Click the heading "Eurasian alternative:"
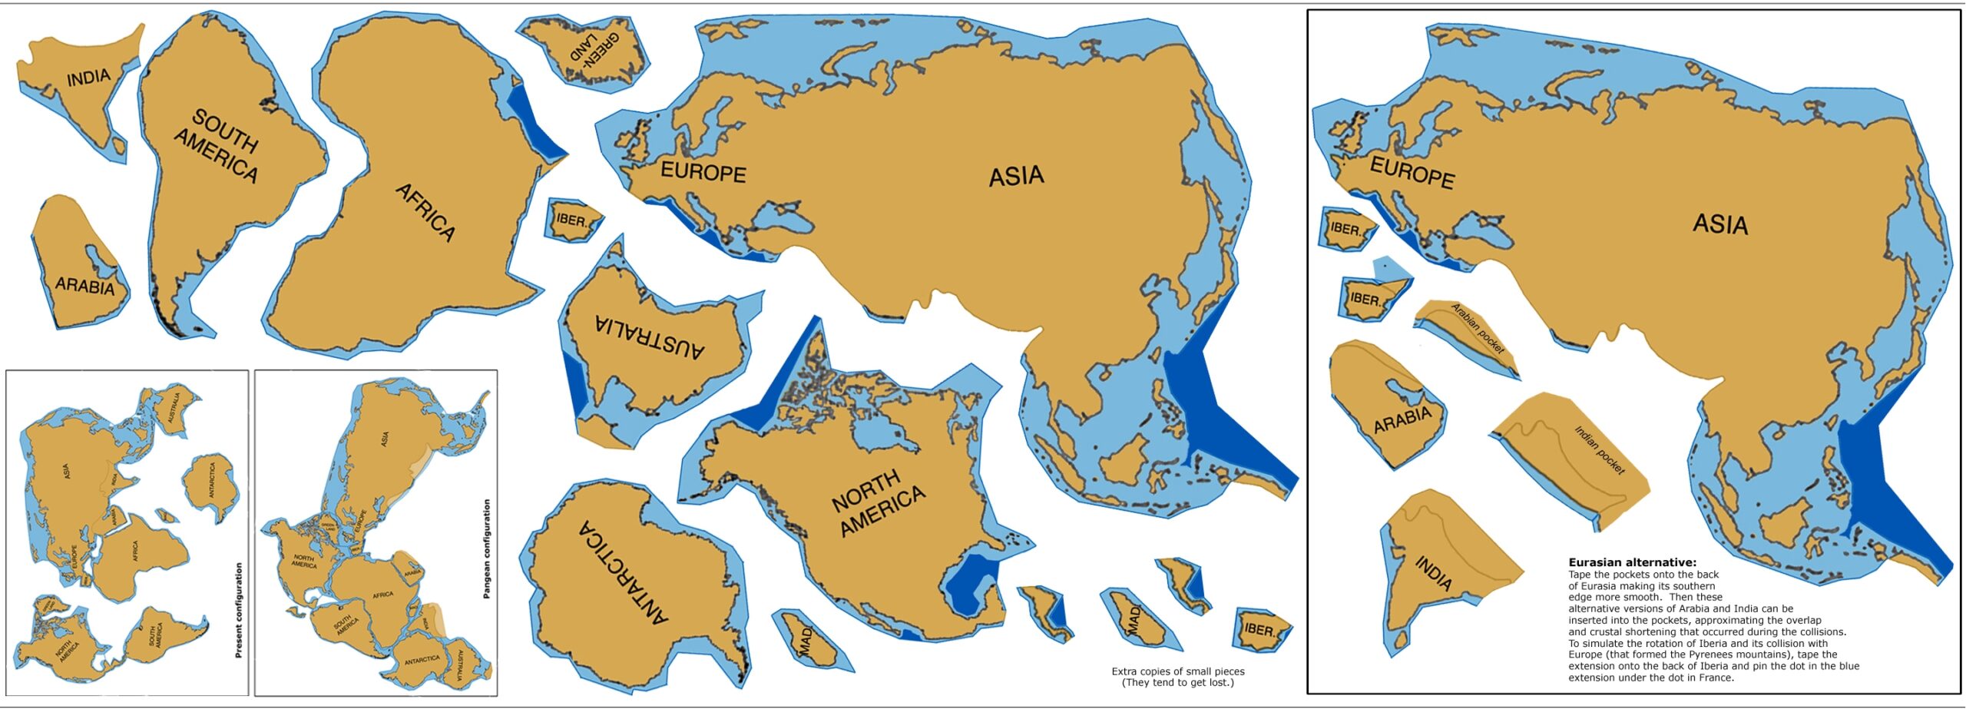1632,562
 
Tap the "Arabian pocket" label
1477,329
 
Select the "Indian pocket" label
1599,449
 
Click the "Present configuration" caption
238,610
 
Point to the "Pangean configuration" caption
486,548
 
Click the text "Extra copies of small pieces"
1177,671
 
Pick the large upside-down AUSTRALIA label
649,337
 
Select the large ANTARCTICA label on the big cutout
623,572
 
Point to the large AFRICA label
425,212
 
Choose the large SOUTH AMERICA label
217,146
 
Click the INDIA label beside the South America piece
88,78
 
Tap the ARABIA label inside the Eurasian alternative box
1402,419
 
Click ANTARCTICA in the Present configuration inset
212,480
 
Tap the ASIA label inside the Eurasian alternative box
1720,224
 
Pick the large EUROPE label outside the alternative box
703,172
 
